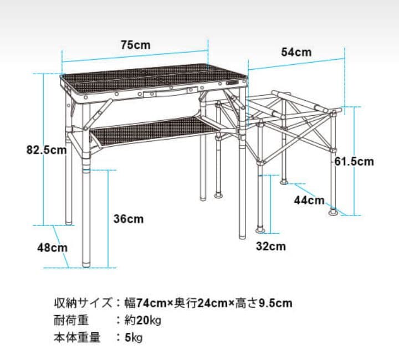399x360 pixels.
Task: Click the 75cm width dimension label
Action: tap(135, 45)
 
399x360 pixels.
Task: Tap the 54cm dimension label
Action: tap(296, 52)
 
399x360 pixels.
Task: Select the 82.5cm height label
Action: tap(47, 150)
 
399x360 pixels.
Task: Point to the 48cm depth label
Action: tap(53, 248)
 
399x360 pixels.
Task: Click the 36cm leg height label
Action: tap(129, 219)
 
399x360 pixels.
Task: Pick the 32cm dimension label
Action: tap(271, 246)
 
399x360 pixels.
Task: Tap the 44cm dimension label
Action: tap(309, 200)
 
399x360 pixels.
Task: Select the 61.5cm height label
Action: tap(354, 161)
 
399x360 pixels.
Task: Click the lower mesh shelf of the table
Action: tap(153, 131)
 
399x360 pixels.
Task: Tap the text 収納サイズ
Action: tap(83, 303)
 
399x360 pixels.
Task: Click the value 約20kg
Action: tap(143, 320)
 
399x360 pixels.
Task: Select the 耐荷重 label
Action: tap(71, 320)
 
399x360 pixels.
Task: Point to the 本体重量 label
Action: tap(77, 338)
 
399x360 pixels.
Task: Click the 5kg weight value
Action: tap(134, 338)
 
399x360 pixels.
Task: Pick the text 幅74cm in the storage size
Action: tap(146, 303)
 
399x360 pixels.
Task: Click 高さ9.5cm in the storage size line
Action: tap(263, 303)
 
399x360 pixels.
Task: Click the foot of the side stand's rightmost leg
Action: tap(333, 212)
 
